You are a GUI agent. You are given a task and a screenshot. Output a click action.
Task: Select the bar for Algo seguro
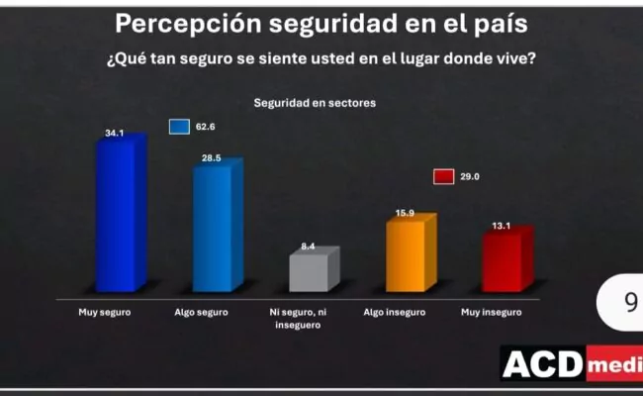[x=215, y=230]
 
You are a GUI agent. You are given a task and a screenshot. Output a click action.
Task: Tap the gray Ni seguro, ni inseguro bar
[x=312, y=273]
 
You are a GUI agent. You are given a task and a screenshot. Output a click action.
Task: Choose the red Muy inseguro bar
[x=504, y=262]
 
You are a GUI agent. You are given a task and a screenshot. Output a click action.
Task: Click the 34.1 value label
[x=115, y=133]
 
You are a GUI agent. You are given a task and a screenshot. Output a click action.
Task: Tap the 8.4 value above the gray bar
[x=308, y=246]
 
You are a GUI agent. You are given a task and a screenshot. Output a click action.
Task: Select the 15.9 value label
[x=405, y=212]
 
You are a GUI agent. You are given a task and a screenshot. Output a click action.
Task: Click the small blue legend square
[x=178, y=127]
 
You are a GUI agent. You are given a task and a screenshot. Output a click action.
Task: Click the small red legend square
[x=443, y=176]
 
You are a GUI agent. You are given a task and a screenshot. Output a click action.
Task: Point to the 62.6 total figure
[x=205, y=127]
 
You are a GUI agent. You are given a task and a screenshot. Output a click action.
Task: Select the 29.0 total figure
[x=469, y=176]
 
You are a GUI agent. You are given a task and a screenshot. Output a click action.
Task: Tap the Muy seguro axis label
[x=104, y=312]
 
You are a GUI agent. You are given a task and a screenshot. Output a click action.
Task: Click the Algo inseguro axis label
[x=395, y=312]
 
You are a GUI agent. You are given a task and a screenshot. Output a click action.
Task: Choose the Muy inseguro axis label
[x=492, y=312]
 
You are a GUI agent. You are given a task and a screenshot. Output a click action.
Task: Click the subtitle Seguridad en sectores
[x=315, y=102]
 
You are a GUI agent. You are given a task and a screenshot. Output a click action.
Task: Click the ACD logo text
[x=543, y=365]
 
